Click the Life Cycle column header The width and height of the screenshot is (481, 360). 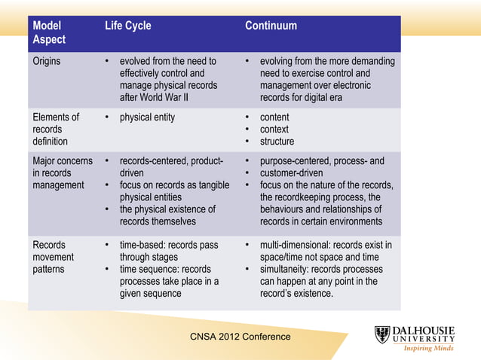click(127, 26)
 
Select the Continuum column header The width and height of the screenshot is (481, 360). click(271, 26)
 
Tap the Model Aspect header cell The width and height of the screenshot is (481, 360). click(49, 32)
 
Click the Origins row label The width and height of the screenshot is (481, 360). click(47, 61)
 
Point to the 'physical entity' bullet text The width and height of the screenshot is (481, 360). click(147, 117)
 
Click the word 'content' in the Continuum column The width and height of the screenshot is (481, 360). click(274, 117)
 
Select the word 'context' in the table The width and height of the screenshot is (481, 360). click(274, 130)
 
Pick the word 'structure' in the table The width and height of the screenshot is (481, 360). click(277, 142)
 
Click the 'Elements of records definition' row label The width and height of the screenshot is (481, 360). click(56, 129)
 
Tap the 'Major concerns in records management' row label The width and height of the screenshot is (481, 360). click(63, 173)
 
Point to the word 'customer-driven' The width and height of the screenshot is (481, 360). click(293, 173)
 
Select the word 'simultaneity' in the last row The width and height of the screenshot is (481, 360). click(287, 270)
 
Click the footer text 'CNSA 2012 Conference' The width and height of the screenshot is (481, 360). click(241, 337)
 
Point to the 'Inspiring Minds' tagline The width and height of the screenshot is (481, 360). click(428, 349)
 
